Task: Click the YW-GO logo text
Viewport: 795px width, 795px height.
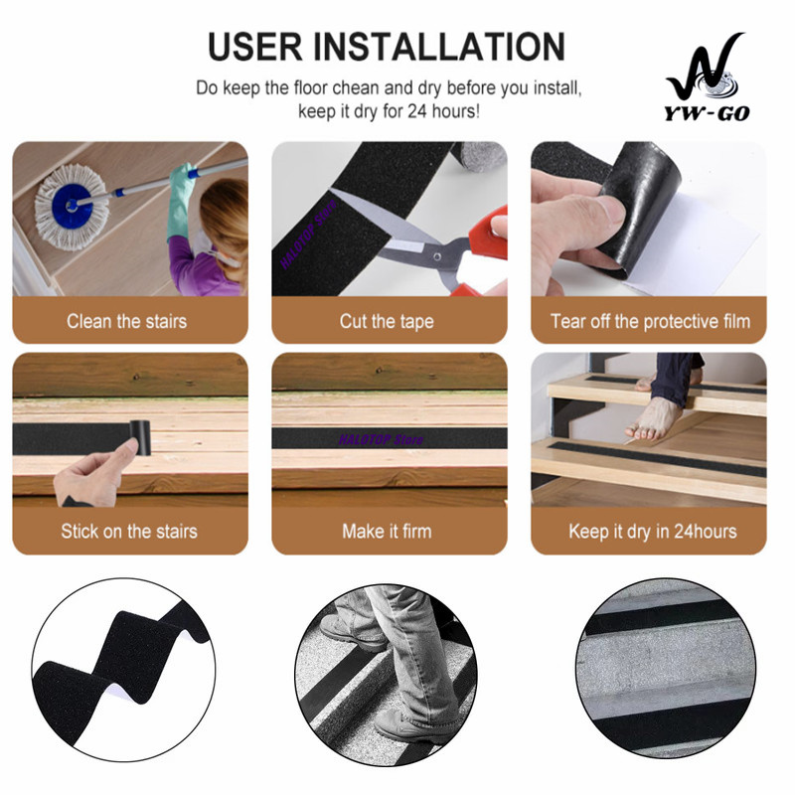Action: click(707, 113)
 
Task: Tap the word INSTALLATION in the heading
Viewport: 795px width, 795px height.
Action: click(439, 47)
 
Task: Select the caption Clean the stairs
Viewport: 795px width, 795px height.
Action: click(127, 321)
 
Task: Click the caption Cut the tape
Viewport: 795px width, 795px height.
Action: click(387, 321)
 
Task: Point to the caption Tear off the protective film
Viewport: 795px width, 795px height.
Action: click(650, 321)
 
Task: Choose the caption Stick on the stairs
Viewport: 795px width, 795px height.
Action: click(129, 532)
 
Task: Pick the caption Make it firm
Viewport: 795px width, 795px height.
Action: click(387, 532)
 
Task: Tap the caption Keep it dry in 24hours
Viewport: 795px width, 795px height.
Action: click(653, 532)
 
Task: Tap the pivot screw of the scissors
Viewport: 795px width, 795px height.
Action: click(436, 257)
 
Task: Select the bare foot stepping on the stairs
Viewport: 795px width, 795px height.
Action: click(653, 418)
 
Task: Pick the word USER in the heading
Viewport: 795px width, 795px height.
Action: click(255, 47)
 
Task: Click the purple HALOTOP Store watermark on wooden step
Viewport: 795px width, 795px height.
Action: click(381, 439)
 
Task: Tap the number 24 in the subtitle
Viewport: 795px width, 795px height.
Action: click(417, 111)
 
